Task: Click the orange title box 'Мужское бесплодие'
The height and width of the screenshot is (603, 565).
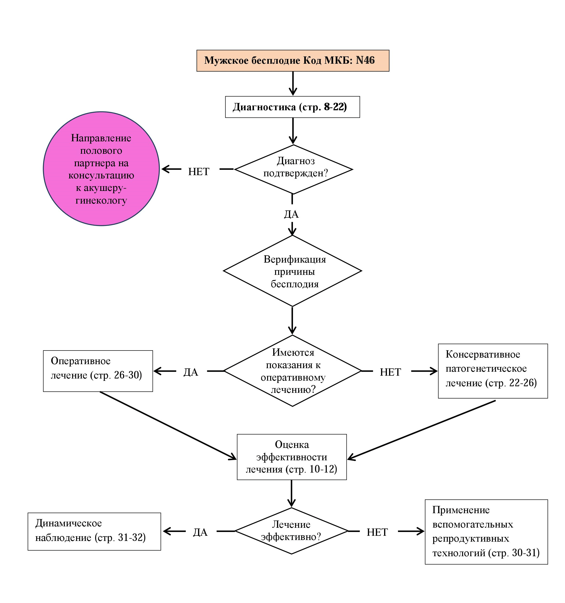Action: click(292, 61)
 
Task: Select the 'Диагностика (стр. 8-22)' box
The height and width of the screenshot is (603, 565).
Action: click(292, 107)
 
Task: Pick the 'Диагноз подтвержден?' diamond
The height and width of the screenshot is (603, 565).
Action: click(293, 169)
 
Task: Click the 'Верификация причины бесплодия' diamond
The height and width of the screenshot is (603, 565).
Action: click(292, 271)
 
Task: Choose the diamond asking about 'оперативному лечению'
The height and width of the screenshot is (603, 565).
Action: click(292, 371)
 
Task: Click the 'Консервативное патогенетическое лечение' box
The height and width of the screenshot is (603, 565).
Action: click(493, 371)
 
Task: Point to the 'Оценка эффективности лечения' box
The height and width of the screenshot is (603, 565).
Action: click(292, 457)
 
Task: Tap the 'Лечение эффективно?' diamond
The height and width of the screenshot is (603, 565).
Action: click(291, 531)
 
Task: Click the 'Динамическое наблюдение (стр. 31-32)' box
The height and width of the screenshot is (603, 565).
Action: click(94, 532)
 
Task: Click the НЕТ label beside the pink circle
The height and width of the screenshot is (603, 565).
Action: click(199, 172)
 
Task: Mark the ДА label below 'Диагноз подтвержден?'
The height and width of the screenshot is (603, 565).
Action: click(291, 214)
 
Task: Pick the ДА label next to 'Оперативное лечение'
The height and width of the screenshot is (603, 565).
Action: click(191, 372)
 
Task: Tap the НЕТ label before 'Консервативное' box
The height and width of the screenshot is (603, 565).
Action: click(390, 372)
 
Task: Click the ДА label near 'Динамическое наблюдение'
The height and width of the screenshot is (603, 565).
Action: click(200, 532)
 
